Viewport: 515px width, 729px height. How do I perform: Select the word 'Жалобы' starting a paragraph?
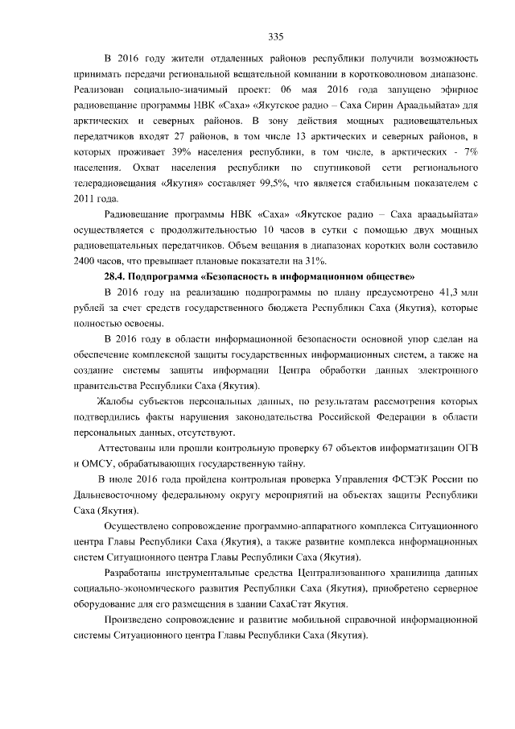coord(113,400)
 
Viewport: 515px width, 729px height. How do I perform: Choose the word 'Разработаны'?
coord(134,573)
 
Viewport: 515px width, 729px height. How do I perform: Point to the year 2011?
coord(85,199)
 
